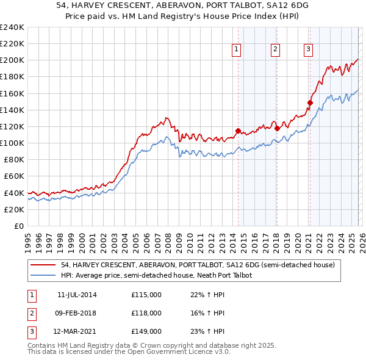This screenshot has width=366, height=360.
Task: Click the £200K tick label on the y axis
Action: pyautogui.click(x=12, y=60)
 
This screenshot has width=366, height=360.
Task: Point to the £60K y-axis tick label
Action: pyautogui.click(x=14, y=176)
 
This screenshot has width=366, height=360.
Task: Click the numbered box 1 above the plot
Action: pyautogui.click(x=236, y=50)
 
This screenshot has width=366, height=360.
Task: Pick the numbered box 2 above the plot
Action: pyautogui.click(x=275, y=50)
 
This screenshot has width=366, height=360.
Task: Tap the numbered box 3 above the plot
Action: pyautogui.click(x=309, y=50)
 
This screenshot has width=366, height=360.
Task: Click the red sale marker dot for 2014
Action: pyautogui.click(x=238, y=130)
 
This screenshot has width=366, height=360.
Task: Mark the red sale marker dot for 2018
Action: pyautogui.click(x=277, y=128)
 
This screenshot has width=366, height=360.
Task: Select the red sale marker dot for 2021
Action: pyautogui.click(x=310, y=103)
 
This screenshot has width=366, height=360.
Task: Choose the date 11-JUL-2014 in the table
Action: pyautogui.click(x=77, y=295)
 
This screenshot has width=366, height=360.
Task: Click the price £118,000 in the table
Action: pyautogui.click(x=146, y=313)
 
